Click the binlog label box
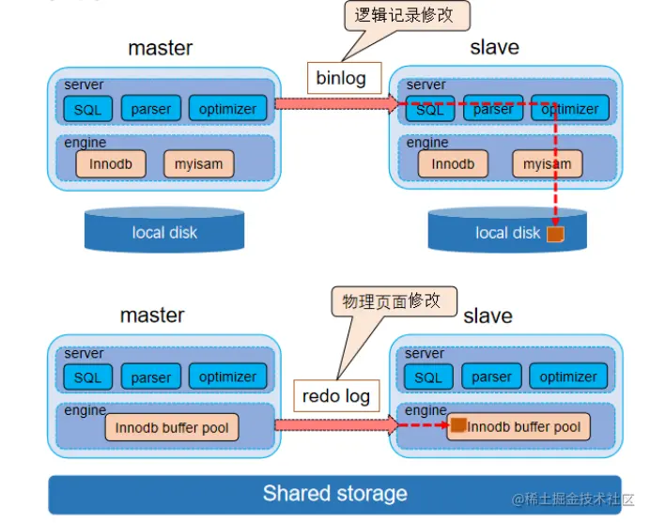click(x=341, y=78)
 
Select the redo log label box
click(x=335, y=395)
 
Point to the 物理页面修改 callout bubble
click(x=392, y=301)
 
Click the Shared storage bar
click(x=334, y=494)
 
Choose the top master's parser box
click(x=151, y=108)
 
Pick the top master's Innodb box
click(x=111, y=163)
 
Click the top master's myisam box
click(x=199, y=163)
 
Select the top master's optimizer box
click(x=227, y=108)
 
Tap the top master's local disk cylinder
click(x=164, y=232)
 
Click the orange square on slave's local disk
click(x=554, y=234)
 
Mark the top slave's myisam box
click(x=548, y=163)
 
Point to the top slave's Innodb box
click(x=453, y=163)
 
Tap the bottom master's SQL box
click(x=87, y=377)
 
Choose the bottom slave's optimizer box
click(x=568, y=377)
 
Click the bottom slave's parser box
click(x=492, y=377)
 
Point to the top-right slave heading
click(x=494, y=47)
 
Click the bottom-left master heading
click(x=152, y=315)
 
